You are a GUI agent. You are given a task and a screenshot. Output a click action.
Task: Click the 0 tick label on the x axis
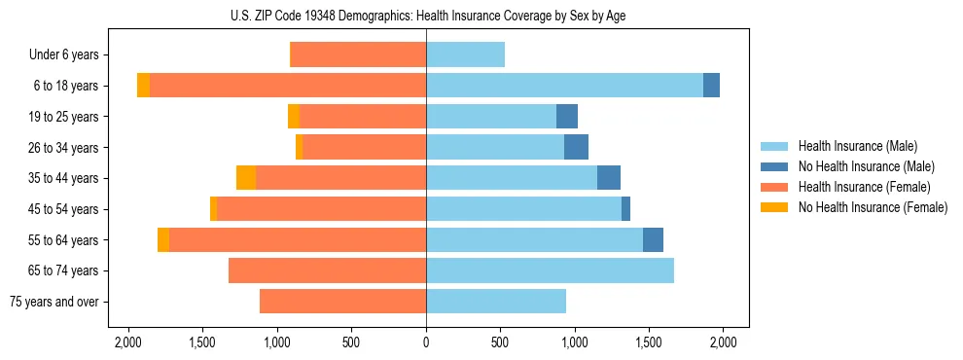tap(426, 342)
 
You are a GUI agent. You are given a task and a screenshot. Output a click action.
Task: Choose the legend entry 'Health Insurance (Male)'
tap(857, 146)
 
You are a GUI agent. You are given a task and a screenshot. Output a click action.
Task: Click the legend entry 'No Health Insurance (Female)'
tap(873, 207)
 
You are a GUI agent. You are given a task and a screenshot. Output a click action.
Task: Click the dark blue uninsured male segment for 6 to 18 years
tap(711, 86)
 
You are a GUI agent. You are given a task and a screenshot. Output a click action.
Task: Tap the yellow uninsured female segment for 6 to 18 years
tap(144, 86)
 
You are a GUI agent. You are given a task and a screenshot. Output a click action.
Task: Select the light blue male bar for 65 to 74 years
tap(550, 270)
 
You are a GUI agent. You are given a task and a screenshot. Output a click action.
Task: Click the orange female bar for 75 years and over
tap(342, 302)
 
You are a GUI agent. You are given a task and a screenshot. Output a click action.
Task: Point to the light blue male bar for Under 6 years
tap(465, 55)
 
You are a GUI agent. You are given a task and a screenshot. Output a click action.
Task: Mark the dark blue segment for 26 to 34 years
tap(576, 147)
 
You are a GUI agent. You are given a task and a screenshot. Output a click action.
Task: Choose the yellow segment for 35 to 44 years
tap(246, 178)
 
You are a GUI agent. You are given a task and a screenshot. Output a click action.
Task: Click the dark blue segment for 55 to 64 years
tap(653, 239)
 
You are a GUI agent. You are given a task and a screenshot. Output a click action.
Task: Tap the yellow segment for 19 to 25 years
tap(294, 117)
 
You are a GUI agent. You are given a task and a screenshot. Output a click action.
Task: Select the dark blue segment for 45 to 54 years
tap(625, 209)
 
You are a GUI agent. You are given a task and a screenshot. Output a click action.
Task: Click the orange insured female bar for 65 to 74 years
tap(327, 270)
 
